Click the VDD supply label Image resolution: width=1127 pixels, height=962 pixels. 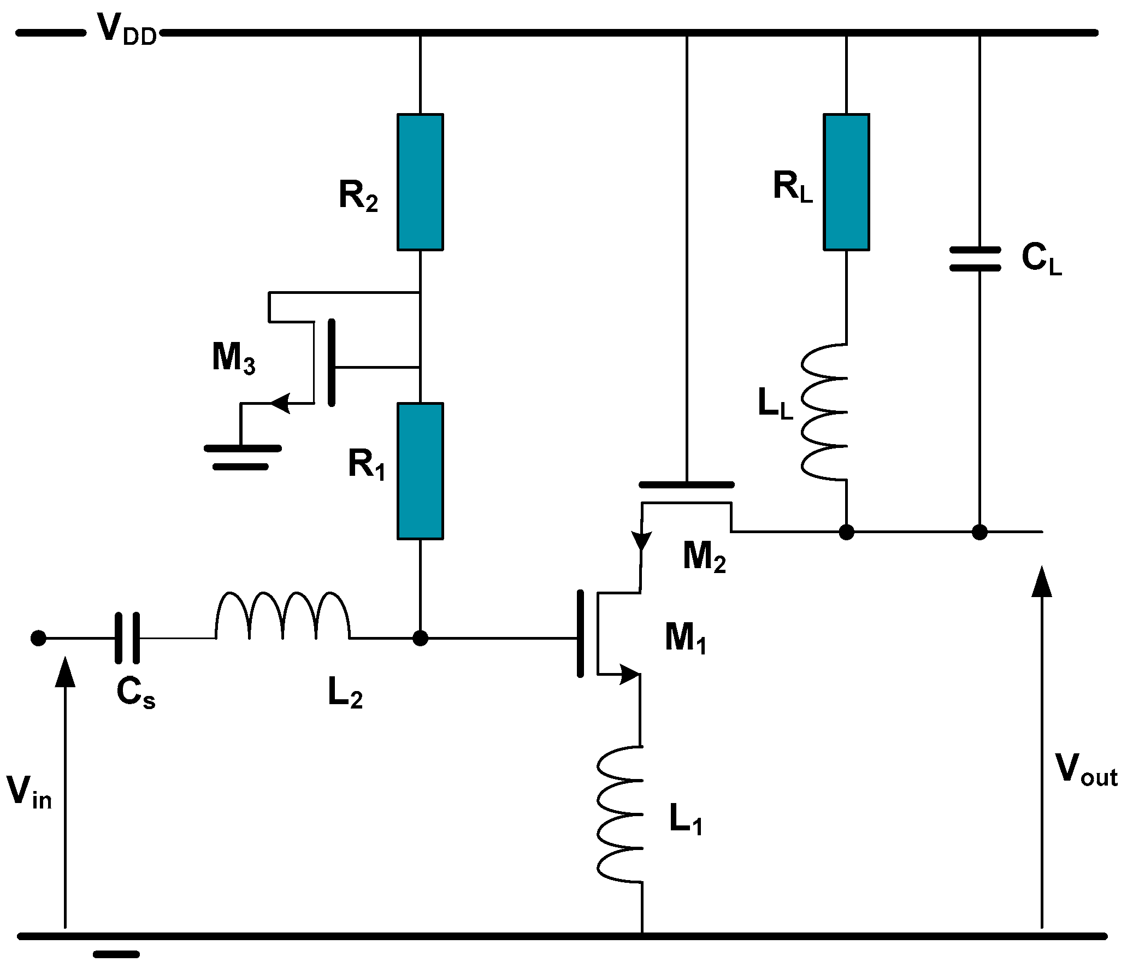pyautogui.click(x=126, y=30)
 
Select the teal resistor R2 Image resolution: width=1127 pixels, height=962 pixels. pyautogui.click(x=420, y=182)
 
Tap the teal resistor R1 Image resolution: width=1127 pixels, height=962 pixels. pyautogui.click(x=420, y=471)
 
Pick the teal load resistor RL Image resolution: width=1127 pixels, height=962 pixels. pyautogui.click(x=846, y=182)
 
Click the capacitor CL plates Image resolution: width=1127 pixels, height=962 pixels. pyautogui.click(x=975, y=259)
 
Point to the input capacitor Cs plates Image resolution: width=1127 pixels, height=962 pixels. pyautogui.click(x=127, y=638)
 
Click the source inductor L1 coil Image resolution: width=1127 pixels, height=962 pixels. pyautogui.click(x=620, y=814)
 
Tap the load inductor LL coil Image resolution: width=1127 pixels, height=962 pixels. pyautogui.click(x=825, y=412)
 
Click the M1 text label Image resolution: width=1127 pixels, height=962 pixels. pyautogui.click(x=685, y=638)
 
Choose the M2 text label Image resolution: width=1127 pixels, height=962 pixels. pyautogui.click(x=704, y=557)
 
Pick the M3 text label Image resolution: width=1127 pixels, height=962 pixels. pyautogui.click(x=233, y=358)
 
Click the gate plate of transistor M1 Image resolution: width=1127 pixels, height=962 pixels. pyautogui.click(x=580, y=634)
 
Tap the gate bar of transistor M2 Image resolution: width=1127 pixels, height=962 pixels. pyautogui.click(x=686, y=485)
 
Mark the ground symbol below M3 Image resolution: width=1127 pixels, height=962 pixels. pyautogui.click(x=242, y=457)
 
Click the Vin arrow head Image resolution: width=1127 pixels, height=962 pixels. pyautogui.click(x=66, y=672)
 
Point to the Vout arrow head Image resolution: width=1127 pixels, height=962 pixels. pyautogui.click(x=1042, y=582)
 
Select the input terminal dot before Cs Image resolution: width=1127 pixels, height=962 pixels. pyautogui.click(x=38, y=638)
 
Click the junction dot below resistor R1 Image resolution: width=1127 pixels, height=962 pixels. pyautogui.click(x=420, y=638)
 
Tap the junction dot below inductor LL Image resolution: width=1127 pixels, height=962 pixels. pyautogui.click(x=846, y=532)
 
